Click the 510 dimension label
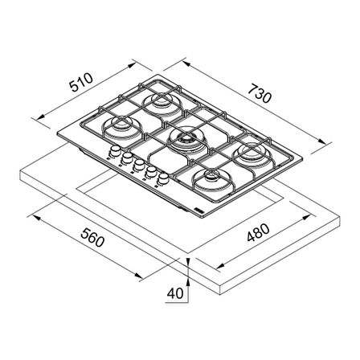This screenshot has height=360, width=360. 81,82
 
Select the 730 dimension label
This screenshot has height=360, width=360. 260,93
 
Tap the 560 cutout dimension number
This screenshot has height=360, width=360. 92,237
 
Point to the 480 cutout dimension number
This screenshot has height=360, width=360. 258,232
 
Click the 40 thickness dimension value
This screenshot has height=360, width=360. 175,293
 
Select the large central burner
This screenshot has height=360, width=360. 187,141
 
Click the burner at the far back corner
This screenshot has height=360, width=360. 162,104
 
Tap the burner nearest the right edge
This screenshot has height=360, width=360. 252,155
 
